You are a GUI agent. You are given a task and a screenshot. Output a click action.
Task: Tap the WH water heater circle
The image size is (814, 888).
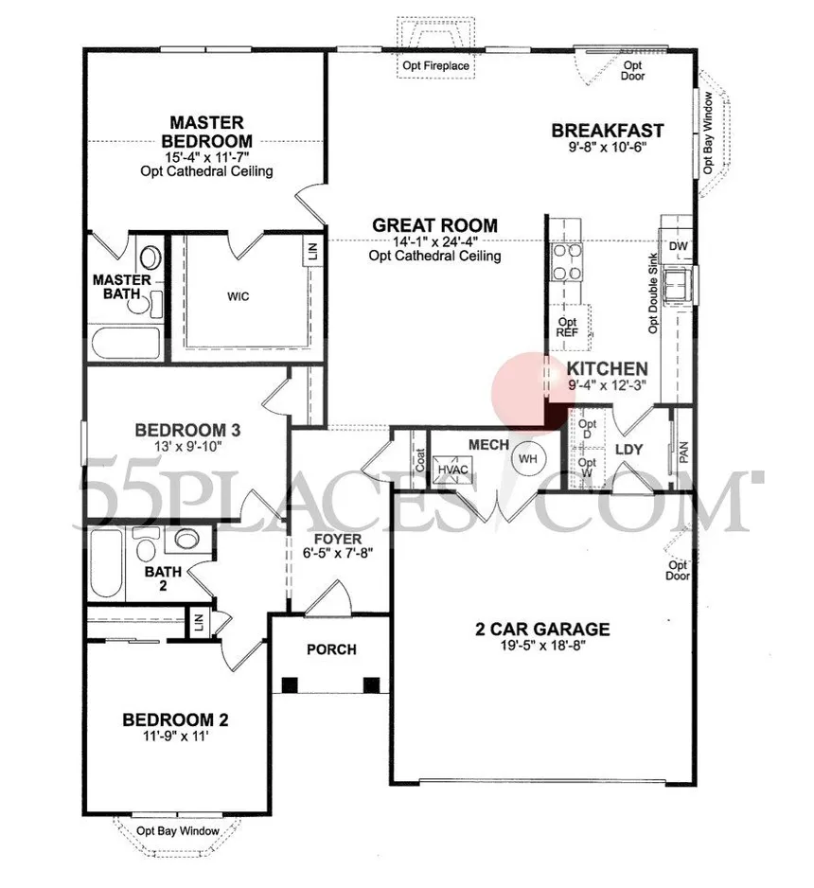point(527,459)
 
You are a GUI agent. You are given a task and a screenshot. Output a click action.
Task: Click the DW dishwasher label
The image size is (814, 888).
point(678,247)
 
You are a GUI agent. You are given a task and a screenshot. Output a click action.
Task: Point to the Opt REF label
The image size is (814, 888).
point(567,328)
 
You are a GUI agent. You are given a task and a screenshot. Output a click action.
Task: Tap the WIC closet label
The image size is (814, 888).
point(239,295)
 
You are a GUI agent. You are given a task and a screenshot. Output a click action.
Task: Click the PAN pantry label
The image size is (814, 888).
point(683,452)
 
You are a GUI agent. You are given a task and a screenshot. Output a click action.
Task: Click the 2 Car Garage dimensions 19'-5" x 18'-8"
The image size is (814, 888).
point(542,648)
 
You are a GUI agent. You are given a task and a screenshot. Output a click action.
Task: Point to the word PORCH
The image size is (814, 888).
point(331,649)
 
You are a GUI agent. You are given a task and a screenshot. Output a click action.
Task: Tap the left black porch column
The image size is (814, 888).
point(290,684)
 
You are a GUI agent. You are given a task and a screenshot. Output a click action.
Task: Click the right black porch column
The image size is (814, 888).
point(371,684)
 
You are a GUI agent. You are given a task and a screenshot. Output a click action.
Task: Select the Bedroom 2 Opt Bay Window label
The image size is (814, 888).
point(179,831)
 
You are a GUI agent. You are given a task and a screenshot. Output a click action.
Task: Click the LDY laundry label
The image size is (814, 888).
point(629,450)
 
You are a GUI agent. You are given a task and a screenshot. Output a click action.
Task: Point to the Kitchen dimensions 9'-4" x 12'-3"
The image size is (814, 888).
point(607,386)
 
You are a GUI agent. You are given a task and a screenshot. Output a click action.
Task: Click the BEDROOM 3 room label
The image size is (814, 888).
point(186,430)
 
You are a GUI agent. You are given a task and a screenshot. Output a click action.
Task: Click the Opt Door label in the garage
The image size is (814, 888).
point(677,570)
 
